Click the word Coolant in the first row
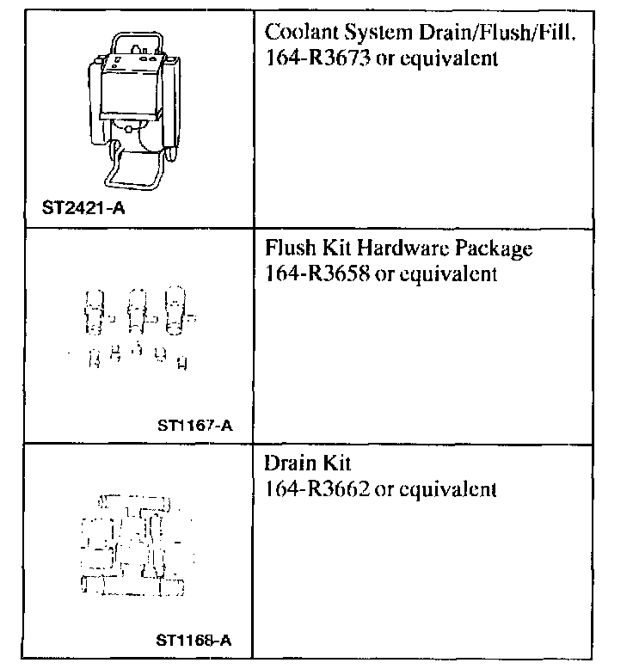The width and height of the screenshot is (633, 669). [x=294, y=34]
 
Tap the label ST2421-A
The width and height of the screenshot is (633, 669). [x=83, y=207]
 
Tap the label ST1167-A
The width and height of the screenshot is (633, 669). [x=195, y=424]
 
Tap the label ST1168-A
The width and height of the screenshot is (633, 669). [x=194, y=640]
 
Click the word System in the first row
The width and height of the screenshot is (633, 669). [x=365, y=34]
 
